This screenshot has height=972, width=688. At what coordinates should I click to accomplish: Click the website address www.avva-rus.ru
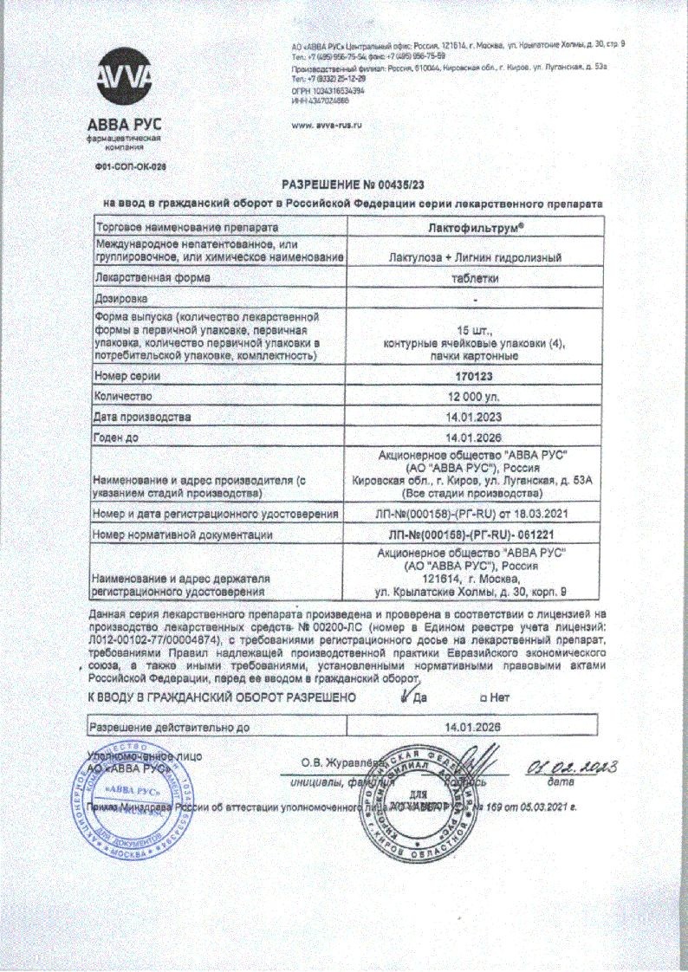click(x=327, y=125)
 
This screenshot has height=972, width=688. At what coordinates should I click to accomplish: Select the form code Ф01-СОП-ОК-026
click(x=128, y=165)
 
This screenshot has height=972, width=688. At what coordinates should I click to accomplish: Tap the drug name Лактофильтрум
click(x=471, y=225)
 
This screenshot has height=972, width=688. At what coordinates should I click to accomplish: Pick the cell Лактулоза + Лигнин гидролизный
click(x=471, y=257)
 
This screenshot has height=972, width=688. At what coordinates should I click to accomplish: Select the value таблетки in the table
click(x=471, y=278)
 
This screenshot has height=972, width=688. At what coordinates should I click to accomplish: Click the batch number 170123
click(x=471, y=376)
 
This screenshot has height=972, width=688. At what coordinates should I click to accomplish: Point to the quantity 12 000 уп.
click(x=471, y=396)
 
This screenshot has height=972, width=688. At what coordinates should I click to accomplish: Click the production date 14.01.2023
click(x=471, y=417)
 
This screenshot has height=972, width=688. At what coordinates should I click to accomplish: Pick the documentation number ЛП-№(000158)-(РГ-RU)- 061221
click(x=471, y=535)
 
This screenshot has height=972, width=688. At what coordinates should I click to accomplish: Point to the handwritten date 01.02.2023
click(x=571, y=766)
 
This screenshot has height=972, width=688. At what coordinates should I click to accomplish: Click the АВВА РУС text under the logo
click(x=126, y=121)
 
